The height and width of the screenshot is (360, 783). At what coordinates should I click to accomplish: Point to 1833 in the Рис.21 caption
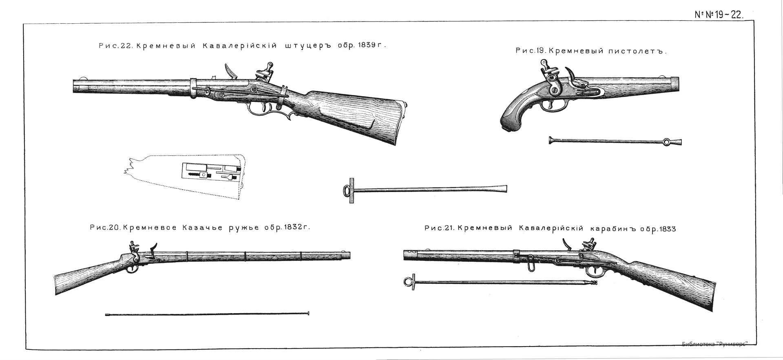664,229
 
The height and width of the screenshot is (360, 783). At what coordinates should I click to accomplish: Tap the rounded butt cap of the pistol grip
510,124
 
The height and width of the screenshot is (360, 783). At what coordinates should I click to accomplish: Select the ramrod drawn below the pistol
615,141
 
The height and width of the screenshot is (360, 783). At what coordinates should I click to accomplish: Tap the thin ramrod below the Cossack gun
207,314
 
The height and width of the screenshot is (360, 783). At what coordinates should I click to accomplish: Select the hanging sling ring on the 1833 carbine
530,263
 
